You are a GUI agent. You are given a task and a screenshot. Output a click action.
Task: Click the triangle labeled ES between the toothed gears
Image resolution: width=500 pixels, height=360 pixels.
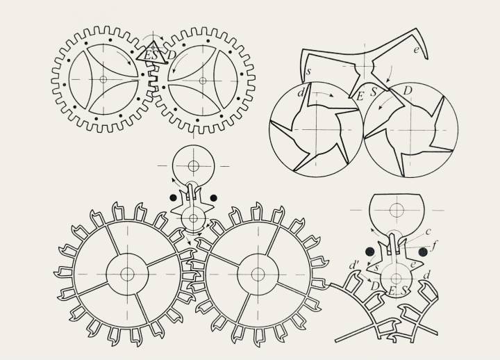(x=152, y=53)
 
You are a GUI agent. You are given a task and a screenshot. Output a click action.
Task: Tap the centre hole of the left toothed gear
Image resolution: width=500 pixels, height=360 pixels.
(x=103, y=79)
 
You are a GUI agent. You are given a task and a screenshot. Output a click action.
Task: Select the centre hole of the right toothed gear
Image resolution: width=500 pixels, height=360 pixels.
(x=203, y=81)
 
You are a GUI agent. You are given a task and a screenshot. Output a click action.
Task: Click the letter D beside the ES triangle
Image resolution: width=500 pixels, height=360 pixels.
(x=172, y=55)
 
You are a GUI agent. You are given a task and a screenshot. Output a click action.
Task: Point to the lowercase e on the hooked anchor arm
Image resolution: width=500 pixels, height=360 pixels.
(x=416, y=49)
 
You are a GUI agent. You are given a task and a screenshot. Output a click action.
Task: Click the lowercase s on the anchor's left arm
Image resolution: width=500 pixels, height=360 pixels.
(x=308, y=72)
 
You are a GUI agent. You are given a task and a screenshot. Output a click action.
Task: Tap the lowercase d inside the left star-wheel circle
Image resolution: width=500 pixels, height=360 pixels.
(x=301, y=93)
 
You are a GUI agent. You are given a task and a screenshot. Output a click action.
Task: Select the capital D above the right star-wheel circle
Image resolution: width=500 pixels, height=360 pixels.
(x=408, y=90)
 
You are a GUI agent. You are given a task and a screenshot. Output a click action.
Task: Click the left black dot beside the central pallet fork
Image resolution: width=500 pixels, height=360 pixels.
(x=173, y=197)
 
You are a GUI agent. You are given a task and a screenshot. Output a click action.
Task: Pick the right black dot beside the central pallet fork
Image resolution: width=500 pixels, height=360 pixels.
(x=214, y=198)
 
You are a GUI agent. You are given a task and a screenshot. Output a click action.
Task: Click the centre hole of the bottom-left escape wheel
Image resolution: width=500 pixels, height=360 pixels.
(x=127, y=274)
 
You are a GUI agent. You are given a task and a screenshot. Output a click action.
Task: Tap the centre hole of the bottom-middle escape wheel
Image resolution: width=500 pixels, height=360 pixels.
(x=258, y=275)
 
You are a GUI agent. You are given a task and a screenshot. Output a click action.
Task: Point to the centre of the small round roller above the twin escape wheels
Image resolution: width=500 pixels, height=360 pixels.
(x=193, y=165)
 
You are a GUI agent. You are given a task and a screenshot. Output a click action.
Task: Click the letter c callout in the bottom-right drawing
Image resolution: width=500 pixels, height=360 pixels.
(x=428, y=231)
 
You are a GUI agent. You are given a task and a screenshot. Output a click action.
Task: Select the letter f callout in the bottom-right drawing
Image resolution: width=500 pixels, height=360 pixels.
(x=434, y=246)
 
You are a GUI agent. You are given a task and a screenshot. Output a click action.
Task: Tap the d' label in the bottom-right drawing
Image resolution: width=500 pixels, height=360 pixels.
(x=353, y=265)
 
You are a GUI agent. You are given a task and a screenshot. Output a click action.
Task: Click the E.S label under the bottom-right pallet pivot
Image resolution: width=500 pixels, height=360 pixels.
(x=399, y=291)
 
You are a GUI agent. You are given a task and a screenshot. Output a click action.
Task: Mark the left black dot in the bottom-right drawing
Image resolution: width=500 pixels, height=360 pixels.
(x=370, y=252)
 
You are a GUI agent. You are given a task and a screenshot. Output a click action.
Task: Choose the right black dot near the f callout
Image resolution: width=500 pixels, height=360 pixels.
(x=423, y=252)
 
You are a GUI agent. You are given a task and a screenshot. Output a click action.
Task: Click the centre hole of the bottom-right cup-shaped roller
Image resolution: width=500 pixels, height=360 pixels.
(x=397, y=210)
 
